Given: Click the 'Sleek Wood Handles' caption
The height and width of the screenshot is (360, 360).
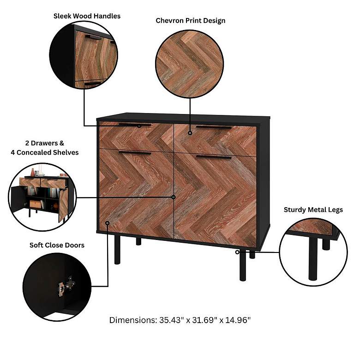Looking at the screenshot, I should point(87,16).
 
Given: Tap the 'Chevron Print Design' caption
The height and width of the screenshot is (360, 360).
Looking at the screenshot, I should point(190,21).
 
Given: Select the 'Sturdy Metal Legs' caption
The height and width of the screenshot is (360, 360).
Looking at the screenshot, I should point(313,210).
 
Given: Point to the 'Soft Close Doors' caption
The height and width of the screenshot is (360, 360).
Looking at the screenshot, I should point(57,245).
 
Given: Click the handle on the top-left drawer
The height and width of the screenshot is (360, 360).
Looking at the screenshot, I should point(134,124).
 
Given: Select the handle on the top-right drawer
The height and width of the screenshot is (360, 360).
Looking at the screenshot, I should point(213,127).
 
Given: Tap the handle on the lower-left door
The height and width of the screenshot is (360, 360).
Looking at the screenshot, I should point(134,152).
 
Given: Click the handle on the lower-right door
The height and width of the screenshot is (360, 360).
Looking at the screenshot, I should point(213,157).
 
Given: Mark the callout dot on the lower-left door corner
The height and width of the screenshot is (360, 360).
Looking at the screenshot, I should point(108,223).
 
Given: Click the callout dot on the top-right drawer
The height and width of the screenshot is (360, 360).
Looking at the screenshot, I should point(190,133).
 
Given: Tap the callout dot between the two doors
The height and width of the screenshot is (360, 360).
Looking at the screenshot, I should point(174,197).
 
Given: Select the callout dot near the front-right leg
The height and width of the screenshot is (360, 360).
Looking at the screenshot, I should point(237,252).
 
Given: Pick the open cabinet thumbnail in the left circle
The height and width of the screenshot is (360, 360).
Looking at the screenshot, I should point(42,196).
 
